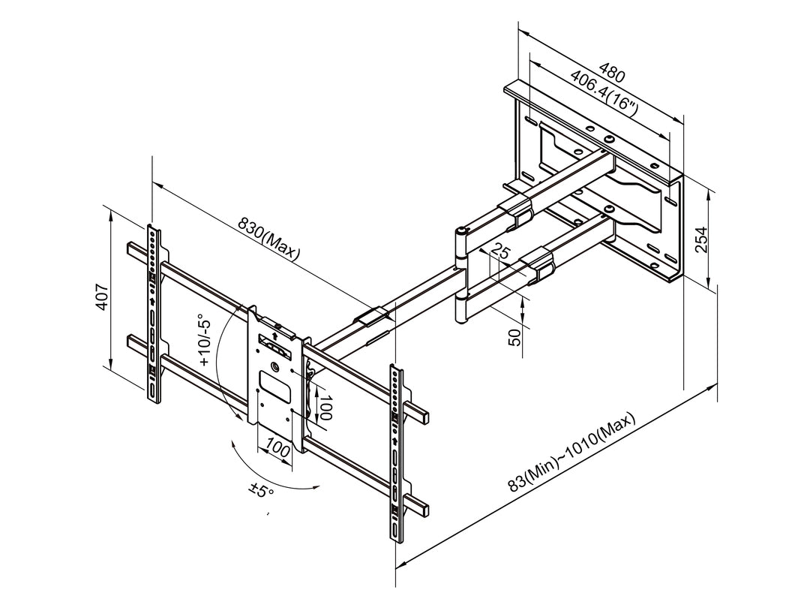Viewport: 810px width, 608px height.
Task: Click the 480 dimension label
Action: [612, 75]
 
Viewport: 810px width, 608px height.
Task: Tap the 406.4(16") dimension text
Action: [604, 94]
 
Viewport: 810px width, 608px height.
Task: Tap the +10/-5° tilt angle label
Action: [205, 341]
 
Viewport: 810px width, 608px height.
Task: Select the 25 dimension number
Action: [502, 253]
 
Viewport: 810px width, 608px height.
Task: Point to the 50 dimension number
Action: [514, 336]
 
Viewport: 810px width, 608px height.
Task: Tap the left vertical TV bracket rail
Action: [154, 312]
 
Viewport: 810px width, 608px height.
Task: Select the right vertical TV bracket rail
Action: [394, 450]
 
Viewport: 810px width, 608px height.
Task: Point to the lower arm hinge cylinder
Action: [461, 309]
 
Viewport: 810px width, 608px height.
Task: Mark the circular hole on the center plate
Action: [274, 368]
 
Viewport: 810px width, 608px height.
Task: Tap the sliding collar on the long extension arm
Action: [374, 316]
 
